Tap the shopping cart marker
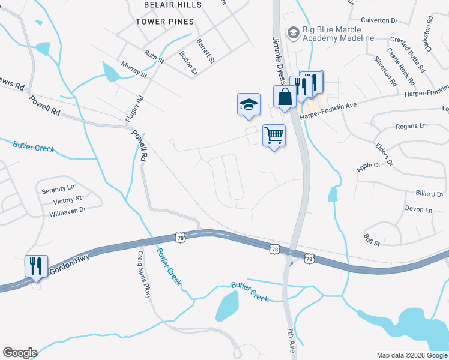click(x=274, y=135)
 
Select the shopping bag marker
click(x=285, y=97)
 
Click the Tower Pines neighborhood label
click(x=164, y=22)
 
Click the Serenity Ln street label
click(x=58, y=190)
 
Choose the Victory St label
click(x=67, y=200)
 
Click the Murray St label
click(x=133, y=69)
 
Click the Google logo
click(x=20, y=353)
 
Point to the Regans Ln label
click(x=411, y=126)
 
